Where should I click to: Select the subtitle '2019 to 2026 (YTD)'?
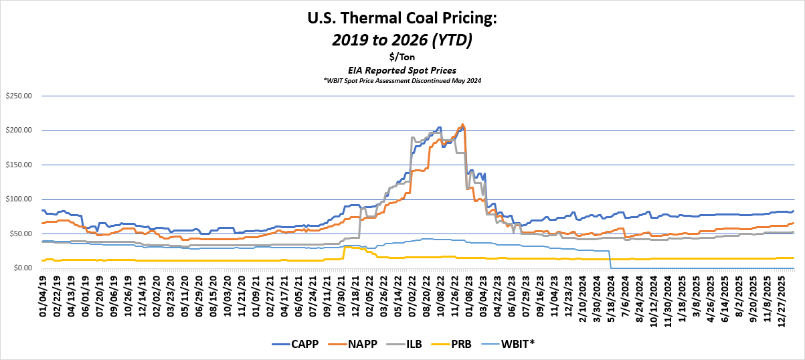point(402,40)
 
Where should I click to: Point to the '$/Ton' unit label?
point(402,58)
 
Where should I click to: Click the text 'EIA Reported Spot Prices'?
point(402,70)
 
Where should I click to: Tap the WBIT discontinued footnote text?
point(402,80)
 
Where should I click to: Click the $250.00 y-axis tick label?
point(18,96)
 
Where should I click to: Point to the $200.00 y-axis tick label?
point(18,130)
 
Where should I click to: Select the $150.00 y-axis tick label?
point(18,165)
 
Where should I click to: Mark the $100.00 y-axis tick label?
point(18,199)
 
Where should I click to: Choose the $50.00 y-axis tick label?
point(20,234)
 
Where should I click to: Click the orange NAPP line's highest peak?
point(462,124)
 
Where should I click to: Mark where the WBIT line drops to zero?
point(611,268)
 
